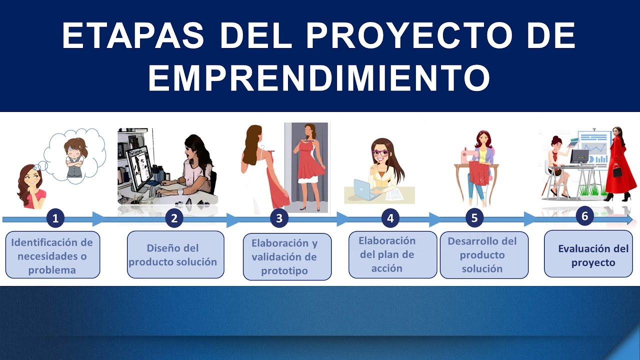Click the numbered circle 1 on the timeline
55,218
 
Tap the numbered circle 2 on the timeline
174,218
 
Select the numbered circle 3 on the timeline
279,218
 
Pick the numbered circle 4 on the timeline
390,218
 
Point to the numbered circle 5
474,218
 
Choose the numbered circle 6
584,215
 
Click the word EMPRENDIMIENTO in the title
319,77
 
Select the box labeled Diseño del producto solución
175,254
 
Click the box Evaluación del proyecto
588,253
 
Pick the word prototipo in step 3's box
284,270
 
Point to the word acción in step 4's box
387,268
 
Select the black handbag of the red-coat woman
617,171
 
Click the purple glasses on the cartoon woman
380,152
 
